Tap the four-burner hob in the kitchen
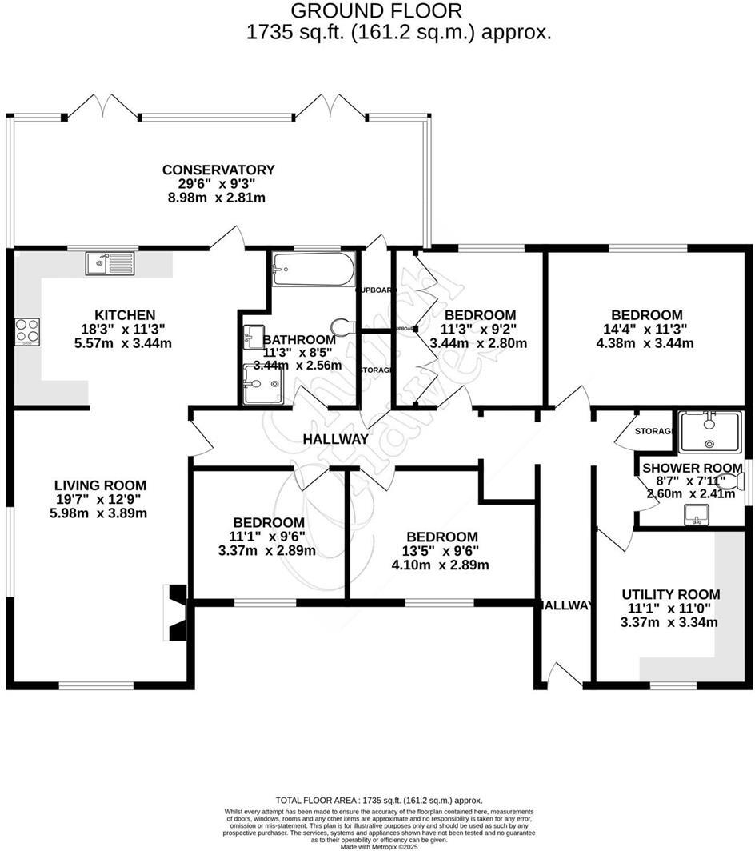coord(27,331)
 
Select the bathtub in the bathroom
coord(313,270)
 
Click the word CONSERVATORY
coord(218,170)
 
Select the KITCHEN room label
coord(125,315)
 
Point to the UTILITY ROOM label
coord(670,594)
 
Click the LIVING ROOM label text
coord(100,485)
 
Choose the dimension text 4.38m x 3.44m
coord(646,344)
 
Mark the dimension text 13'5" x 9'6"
coord(441,550)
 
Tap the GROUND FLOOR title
coord(375,11)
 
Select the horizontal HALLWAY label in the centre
coord(335,439)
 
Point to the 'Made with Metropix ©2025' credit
coord(379,846)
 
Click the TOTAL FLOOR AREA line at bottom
coord(379,800)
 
